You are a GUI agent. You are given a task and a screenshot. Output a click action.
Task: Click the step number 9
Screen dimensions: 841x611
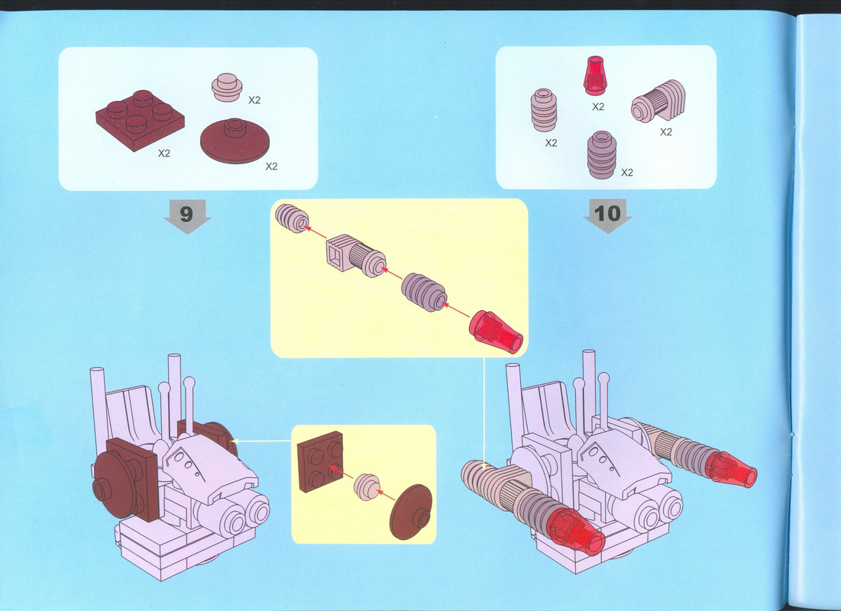186,214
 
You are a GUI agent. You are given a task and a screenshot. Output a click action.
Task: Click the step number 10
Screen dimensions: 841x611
607,214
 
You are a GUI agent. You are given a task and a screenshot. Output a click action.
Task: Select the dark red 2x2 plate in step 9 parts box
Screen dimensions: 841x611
140,120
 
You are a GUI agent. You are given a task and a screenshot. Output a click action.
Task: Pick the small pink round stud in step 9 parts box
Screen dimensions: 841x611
227,87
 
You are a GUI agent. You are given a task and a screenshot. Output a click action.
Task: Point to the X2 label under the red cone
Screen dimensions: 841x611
598,107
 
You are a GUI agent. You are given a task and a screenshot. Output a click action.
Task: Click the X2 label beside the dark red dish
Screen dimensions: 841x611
271,166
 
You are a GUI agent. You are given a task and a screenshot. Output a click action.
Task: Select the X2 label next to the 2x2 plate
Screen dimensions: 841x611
163,154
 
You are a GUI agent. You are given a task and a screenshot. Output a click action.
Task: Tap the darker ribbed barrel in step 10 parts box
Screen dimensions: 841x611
602,154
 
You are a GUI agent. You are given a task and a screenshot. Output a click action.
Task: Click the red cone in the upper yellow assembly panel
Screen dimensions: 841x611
496,332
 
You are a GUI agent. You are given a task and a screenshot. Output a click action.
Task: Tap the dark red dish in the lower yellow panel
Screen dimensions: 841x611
411,512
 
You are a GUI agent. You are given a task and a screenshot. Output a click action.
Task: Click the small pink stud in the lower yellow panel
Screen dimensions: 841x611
367,487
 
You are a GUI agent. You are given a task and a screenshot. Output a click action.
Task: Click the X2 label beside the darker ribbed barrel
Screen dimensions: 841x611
627,173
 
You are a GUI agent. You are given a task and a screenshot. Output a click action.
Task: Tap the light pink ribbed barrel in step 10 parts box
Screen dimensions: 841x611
543,110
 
